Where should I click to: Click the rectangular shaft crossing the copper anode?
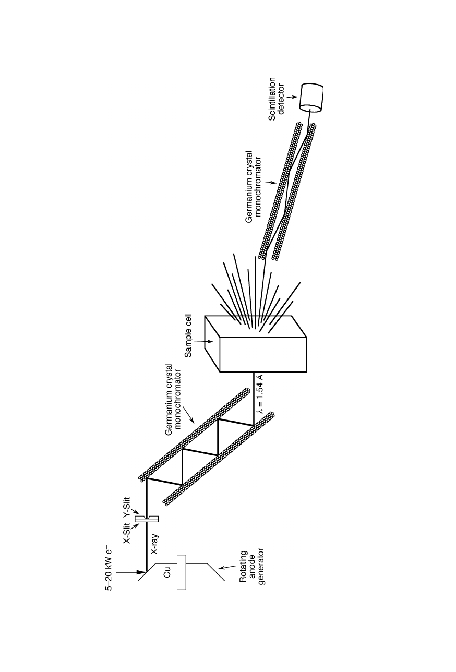point(182,573)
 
